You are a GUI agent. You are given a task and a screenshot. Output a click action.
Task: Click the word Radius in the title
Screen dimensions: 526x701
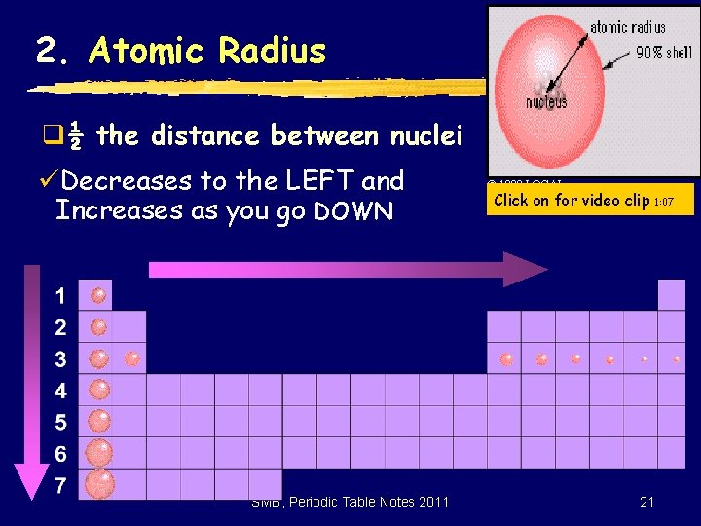point(273,51)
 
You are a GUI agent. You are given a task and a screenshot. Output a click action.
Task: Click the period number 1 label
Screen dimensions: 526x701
point(60,296)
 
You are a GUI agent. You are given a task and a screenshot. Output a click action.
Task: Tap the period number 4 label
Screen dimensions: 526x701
point(60,392)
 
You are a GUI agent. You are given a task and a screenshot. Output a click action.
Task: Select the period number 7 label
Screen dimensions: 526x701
point(60,486)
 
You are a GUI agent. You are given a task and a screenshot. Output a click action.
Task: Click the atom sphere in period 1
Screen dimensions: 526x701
point(97,295)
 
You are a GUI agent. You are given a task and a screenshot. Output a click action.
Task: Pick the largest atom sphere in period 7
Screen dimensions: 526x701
point(99,483)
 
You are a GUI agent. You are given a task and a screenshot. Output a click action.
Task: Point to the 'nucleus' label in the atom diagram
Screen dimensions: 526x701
point(546,102)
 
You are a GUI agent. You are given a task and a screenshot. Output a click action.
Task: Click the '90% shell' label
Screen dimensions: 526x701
point(663,53)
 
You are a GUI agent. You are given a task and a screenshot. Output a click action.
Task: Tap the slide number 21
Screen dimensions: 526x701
point(646,502)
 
